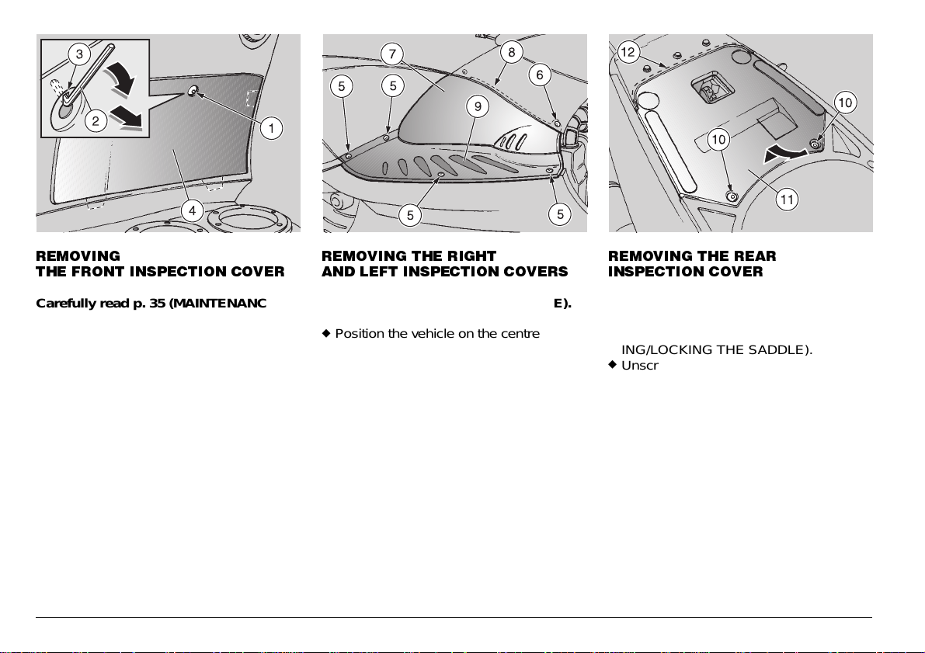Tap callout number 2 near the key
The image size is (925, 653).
[96, 120]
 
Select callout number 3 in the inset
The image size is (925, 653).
[77, 54]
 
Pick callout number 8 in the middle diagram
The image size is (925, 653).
[511, 52]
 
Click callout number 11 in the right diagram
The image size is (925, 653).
[787, 200]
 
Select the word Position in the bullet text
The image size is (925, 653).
[360, 334]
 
